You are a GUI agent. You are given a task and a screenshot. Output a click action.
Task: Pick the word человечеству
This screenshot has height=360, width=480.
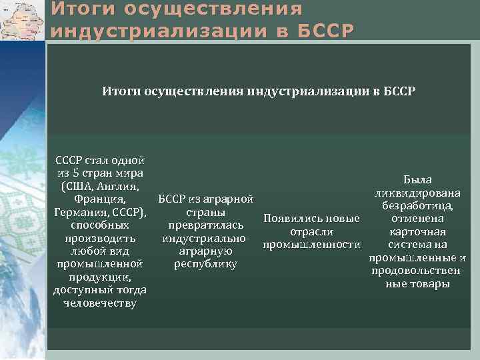[x=100, y=303]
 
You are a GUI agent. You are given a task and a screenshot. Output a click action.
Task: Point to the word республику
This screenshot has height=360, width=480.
[x=205, y=264]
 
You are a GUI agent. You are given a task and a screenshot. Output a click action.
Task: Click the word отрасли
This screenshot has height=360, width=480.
[x=312, y=231]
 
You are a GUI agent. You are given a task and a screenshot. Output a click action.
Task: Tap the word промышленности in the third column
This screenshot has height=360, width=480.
[x=312, y=245]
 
